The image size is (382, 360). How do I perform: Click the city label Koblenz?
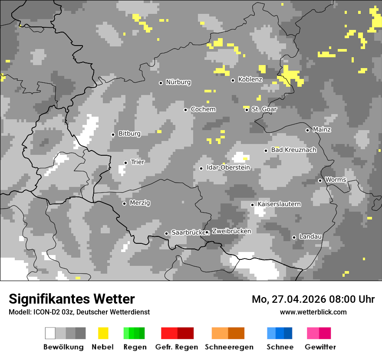click(250, 79)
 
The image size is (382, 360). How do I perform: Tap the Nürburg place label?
click(178, 82)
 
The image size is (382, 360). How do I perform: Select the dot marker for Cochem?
click(185, 110)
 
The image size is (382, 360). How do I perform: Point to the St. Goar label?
click(264, 109)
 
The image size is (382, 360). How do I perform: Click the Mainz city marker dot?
click(307, 130)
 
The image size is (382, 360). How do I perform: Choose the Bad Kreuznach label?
click(293, 150)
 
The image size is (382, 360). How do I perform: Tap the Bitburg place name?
click(129, 134)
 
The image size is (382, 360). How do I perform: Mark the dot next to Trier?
click(125, 163)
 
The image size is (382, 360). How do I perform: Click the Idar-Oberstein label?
click(228, 167)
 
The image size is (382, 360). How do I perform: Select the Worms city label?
click(336, 180)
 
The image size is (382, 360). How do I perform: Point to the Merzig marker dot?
click(124, 203)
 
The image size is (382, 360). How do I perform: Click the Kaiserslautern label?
click(279, 204)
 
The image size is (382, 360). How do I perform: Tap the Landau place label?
click(310, 236)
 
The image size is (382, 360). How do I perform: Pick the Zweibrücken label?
click(231, 231)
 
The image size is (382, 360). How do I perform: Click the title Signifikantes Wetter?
click(72, 299)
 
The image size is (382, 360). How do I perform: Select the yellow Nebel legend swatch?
click(103, 333)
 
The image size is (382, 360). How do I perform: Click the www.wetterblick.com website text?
click(313, 312)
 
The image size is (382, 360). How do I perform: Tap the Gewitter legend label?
click(320, 347)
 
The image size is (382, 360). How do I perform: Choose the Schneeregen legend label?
click(229, 347)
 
